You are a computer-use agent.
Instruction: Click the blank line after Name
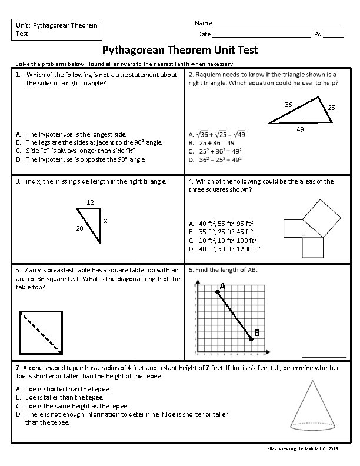[278, 24]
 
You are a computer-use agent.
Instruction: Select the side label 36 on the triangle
[288, 104]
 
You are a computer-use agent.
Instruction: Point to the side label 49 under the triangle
[300, 129]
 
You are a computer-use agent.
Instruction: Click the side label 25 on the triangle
[331, 108]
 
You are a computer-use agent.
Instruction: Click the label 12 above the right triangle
[90, 203]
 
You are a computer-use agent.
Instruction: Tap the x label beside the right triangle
[105, 221]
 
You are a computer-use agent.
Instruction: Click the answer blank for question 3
[156, 259]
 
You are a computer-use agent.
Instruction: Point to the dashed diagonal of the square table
[41, 333]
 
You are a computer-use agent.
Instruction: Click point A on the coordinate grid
[222, 287]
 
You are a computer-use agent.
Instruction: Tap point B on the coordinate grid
[256, 334]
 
